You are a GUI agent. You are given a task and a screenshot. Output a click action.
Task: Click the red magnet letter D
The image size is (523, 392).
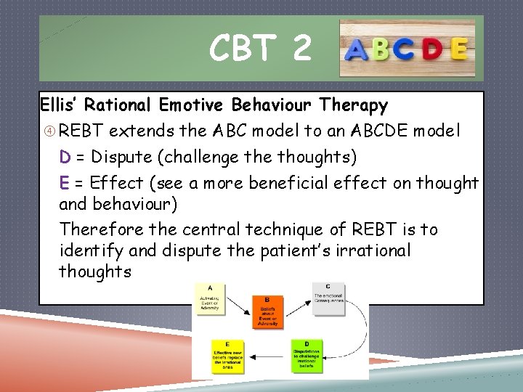click(432, 50)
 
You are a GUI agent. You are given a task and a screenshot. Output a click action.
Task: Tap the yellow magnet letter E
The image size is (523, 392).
click(458, 49)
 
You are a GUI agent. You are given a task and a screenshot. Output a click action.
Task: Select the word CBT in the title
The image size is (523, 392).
click(241, 49)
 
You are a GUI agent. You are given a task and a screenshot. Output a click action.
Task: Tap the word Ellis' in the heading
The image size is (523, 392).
click(60, 105)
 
